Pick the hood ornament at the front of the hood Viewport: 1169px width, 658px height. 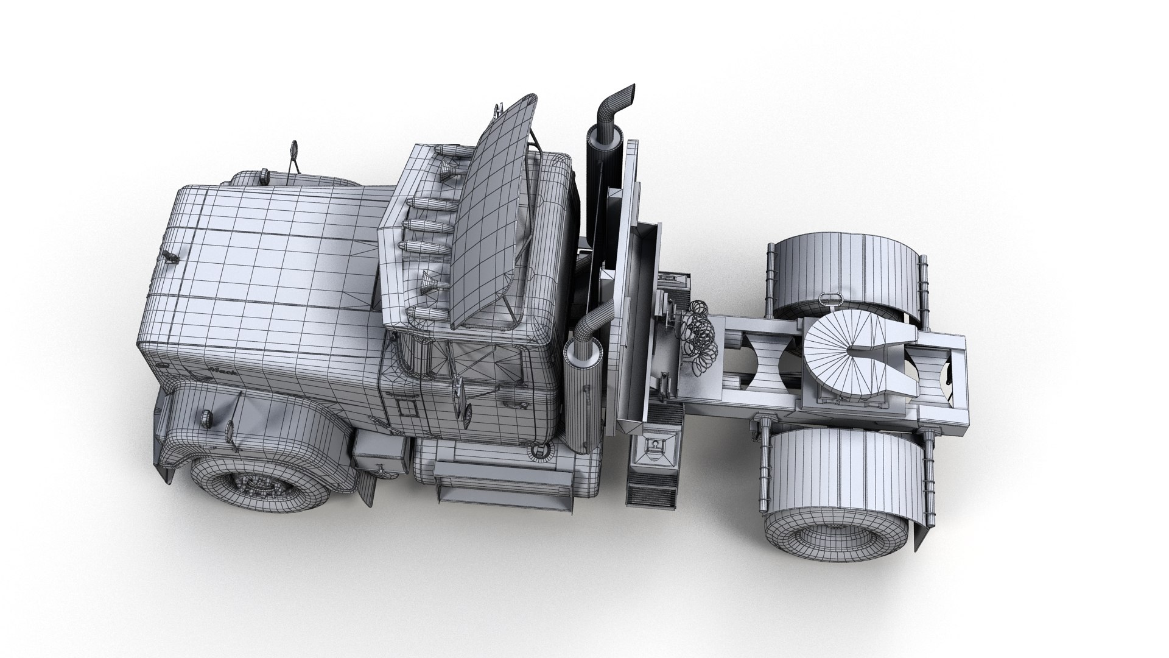169,256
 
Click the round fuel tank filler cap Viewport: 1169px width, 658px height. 539,451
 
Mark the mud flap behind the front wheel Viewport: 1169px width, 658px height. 368,481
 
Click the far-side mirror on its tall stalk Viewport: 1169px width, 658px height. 295,150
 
